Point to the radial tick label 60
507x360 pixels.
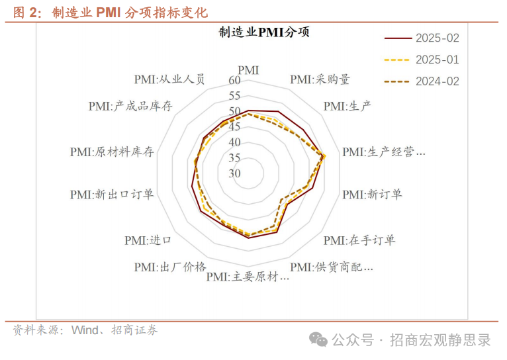(x=235, y=81)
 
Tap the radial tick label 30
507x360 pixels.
(x=235, y=174)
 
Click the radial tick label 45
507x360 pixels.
(x=235, y=127)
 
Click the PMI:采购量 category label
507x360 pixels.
(x=320, y=79)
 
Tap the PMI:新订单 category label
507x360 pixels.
(x=372, y=195)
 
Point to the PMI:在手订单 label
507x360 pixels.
(x=359, y=240)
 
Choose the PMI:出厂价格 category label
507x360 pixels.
(x=169, y=267)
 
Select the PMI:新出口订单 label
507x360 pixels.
(x=111, y=195)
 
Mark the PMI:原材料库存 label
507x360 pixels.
(x=111, y=152)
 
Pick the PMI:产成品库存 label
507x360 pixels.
(x=130, y=106)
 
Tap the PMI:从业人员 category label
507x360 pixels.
(x=169, y=79)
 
